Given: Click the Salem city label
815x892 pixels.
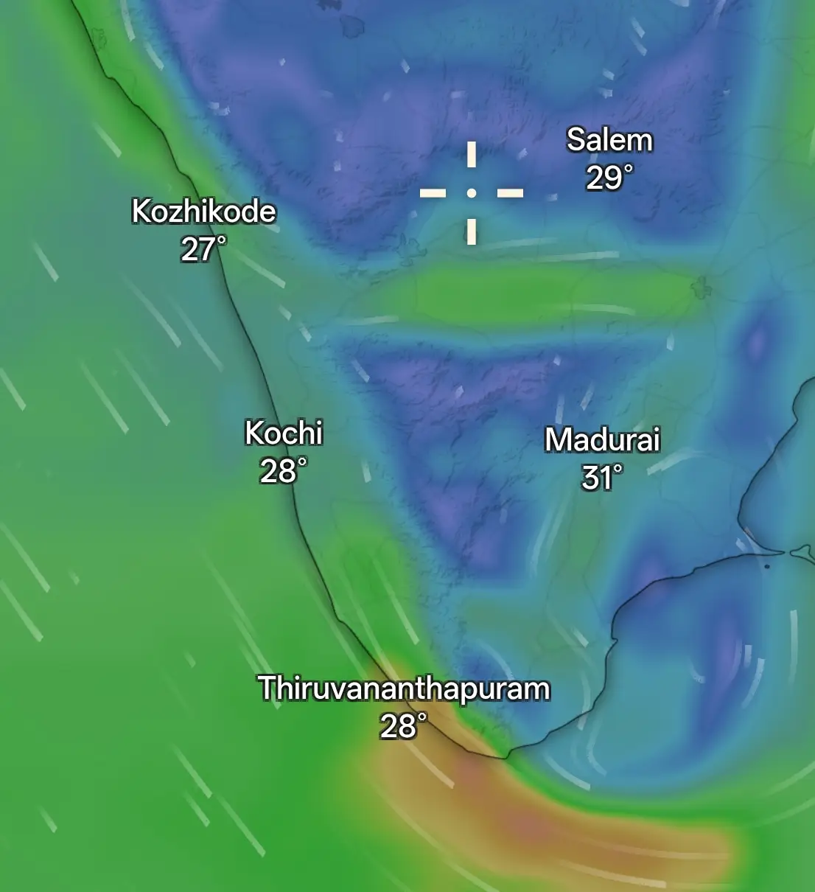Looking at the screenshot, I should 609,140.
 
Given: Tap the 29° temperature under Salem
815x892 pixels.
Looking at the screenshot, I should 609,178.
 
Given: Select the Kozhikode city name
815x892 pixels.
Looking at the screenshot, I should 203,212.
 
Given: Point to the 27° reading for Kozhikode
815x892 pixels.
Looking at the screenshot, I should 203,249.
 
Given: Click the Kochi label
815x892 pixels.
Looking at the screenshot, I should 284,433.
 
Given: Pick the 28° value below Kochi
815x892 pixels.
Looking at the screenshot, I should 283,471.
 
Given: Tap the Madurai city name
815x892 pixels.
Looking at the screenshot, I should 602,440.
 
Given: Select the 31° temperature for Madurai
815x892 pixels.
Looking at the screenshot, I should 602,478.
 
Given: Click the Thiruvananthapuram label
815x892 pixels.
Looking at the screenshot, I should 404,689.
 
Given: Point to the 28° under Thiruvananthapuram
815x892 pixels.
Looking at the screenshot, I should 403,726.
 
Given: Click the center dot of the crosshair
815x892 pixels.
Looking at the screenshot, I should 472,193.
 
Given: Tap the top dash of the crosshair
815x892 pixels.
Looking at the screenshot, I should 472,155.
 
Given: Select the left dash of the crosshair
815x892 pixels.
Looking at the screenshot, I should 433,193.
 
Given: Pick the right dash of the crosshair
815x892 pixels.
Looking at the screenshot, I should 510,193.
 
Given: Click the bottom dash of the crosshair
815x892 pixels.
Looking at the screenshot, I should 472,231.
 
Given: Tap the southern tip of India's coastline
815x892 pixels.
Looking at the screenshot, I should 506,756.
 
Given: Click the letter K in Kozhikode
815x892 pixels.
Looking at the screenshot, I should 141,212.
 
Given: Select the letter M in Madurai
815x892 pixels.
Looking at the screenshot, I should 556,440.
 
